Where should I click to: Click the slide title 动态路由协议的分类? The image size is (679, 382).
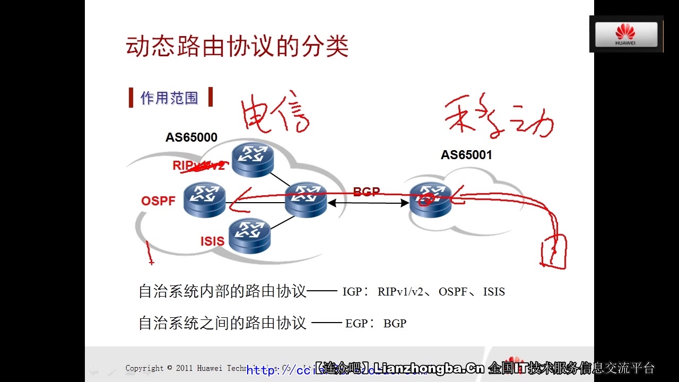[x=237, y=47]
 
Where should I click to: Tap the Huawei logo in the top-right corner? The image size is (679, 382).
[x=626, y=34]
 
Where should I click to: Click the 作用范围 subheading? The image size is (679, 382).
[x=169, y=98]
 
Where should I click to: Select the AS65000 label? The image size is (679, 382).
[x=191, y=137]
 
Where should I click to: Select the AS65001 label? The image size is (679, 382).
[x=466, y=155]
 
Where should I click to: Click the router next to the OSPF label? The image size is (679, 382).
[x=205, y=200]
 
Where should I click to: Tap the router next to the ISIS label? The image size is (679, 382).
[x=249, y=236]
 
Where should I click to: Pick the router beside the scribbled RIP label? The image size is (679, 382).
[x=253, y=160]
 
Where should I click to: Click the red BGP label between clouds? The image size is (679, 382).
[x=367, y=192]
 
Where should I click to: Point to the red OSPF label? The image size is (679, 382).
[x=158, y=202]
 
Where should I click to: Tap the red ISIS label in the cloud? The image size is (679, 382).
[x=212, y=241]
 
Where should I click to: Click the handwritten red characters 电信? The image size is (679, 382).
[x=275, y=112]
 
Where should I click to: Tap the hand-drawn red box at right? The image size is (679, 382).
[x=553, y=251]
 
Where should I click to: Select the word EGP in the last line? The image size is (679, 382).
[x=355, y=324]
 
